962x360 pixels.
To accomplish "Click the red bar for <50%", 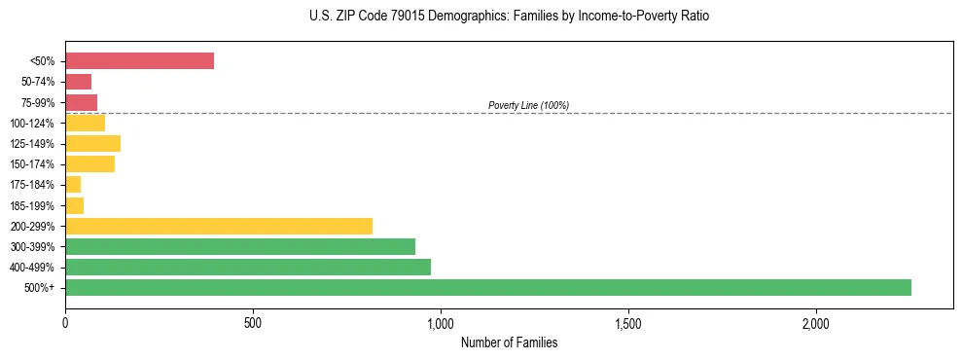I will pyautogui.click(x=139, y=61).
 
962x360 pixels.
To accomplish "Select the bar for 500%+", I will pyautogui.click(x=487, y=287).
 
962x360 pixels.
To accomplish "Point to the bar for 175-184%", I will pyautogui.click(x=73, y=185).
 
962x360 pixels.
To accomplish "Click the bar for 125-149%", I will pyautogui.click(x=92, y=143).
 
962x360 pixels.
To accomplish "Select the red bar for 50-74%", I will pyautogui.click(x=78, y=82).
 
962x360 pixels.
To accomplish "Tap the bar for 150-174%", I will pyautogui.click(x=89, y=164).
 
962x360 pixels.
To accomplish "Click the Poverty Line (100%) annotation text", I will pyautogui.click(x=528, y=105).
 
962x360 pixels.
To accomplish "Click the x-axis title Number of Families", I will pyautogui.click(x=509, y=342).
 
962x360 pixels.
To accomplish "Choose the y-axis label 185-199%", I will pyautogui.click(x=34, y=205).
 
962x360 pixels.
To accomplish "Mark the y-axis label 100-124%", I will pyautogui.click(x=34, y=124).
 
